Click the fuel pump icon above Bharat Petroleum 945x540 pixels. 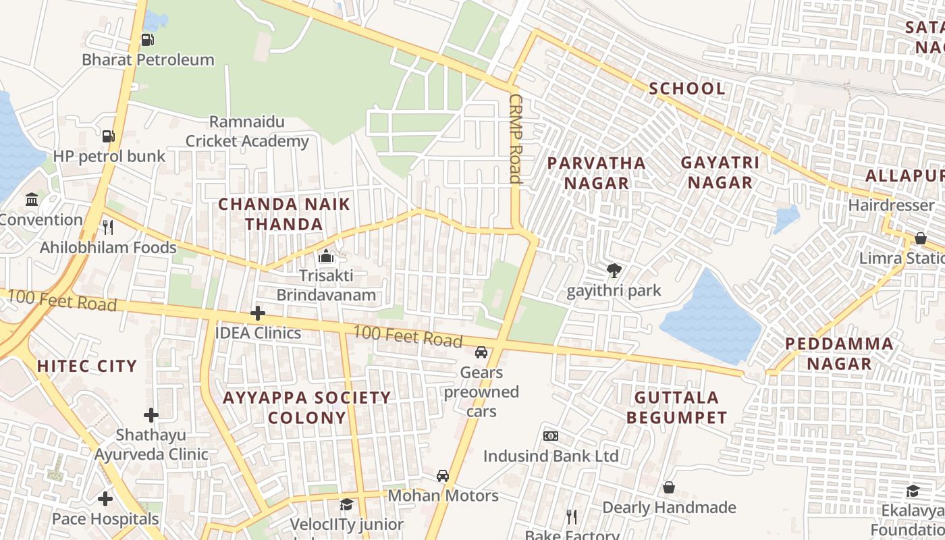coord(147,39)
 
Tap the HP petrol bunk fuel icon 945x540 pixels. coord(109,136)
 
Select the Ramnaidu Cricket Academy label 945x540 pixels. coord(247,132)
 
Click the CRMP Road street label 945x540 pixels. coord(516,138)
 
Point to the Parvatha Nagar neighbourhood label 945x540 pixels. coord(596,173)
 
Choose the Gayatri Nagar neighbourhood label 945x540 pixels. coord(720,173)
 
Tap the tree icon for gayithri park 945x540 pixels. coord(614,271)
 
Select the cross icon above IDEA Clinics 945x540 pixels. coord(257,313)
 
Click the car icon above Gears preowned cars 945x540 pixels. coord(481,352)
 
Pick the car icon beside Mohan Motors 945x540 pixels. coord(443,476)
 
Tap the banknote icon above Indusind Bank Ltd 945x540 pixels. coord(551,436)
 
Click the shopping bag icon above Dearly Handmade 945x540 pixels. coord(668,487)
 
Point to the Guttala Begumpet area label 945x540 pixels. coord(676,407)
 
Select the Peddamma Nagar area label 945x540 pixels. coord(839,354)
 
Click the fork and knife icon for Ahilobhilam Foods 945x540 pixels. coord(107,227)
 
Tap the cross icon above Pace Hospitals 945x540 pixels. coord(105,499)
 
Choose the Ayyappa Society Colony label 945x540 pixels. coord(307,408)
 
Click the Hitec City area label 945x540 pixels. coord(87,367)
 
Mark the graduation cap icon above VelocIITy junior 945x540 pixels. coord(346,504)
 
